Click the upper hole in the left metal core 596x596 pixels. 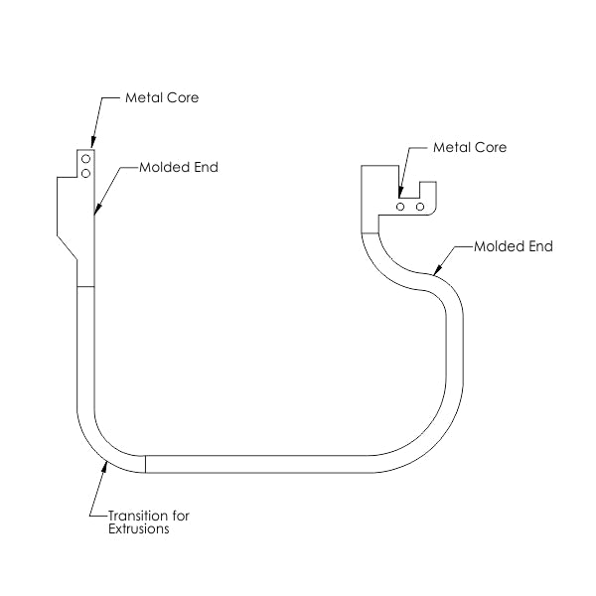86,159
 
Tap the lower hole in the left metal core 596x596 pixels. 86,173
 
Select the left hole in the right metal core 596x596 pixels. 399,207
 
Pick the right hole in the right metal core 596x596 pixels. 420,207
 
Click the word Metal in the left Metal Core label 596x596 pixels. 144,98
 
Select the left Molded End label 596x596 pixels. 178,167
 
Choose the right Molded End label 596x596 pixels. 513,245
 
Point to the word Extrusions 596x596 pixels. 140,529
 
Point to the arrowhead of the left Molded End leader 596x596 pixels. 95,212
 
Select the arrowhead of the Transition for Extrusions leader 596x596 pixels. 103,465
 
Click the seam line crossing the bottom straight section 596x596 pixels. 146,464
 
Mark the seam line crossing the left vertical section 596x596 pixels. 85,286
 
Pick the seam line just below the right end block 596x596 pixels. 370,231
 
